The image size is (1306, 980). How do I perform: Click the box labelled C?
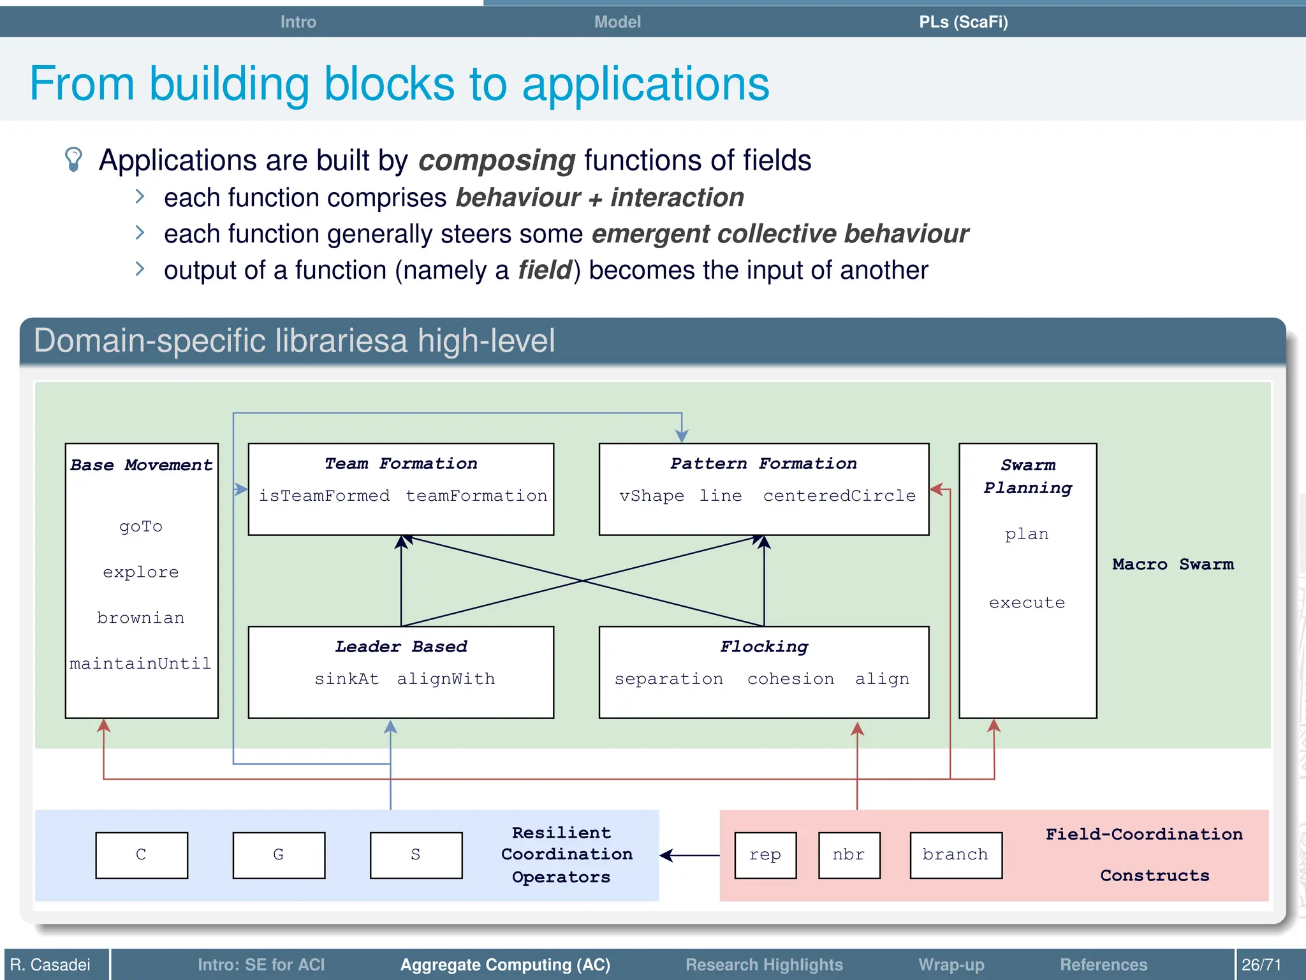tap(142, 855)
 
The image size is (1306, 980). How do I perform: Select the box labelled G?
tap(279, 855)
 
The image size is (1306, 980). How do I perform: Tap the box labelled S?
tap(416, 855)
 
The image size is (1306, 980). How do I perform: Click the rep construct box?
tap(765, 855)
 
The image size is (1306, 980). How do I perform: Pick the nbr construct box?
tap(849, 855)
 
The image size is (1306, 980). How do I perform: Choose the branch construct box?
tap(955, 855)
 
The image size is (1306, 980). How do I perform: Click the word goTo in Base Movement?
tap(141, 527)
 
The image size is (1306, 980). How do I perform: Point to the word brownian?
tap(141, 618)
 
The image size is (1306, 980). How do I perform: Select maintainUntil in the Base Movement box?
tap(141, 664)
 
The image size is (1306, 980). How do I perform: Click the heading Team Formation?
tap(400, 464)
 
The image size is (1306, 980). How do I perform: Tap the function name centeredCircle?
tap(839, 496)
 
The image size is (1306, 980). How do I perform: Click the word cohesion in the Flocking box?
tap(791, 679)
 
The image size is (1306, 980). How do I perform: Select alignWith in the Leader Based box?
tap(446, 679)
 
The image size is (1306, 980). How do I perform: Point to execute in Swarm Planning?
tap(1027, 603)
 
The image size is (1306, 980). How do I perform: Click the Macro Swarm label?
tap(1173, 565)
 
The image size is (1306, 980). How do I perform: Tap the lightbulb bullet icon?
tap(74, 160)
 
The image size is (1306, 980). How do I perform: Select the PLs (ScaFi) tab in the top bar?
tap(963, 22)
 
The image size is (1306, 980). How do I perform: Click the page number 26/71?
tap(1261, 965)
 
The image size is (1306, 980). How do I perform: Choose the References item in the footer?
tap(1103, 965)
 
